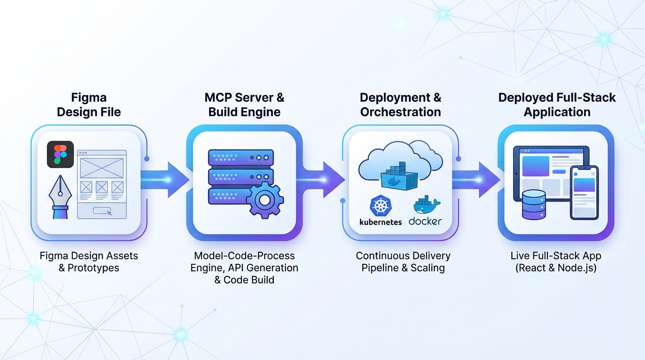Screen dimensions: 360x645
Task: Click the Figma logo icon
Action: [60, 154]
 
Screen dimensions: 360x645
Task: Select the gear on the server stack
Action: [265, 201]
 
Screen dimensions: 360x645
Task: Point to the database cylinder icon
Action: [534, 205]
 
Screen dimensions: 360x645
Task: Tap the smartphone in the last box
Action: [584, 192]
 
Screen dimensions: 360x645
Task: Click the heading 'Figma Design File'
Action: [89, 105]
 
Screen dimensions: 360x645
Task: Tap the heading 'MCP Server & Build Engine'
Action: [244, 105]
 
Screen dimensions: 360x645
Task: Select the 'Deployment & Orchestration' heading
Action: [400, 105]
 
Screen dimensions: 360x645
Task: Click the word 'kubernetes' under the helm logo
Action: [380, 222]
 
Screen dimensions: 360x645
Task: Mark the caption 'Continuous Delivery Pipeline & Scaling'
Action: [403, 262]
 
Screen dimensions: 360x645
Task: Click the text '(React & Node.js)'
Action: [556, 269]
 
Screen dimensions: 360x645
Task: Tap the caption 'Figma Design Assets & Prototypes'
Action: [89, 262]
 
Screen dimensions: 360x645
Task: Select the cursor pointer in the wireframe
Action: [110, 213]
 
